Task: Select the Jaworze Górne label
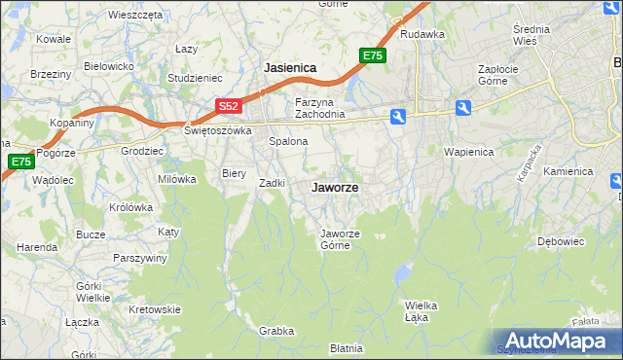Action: point(341,239)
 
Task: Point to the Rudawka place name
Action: point(421,34)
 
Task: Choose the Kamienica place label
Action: point(568,171)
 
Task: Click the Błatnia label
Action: point(347,347)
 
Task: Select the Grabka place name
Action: point(276,331)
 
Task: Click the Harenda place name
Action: point(36,247)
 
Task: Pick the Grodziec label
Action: point(140,151)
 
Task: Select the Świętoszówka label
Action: point(218,129)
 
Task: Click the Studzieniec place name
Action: point(196,77)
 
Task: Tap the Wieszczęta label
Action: point(135,16)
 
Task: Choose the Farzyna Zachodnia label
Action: point(320,107)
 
